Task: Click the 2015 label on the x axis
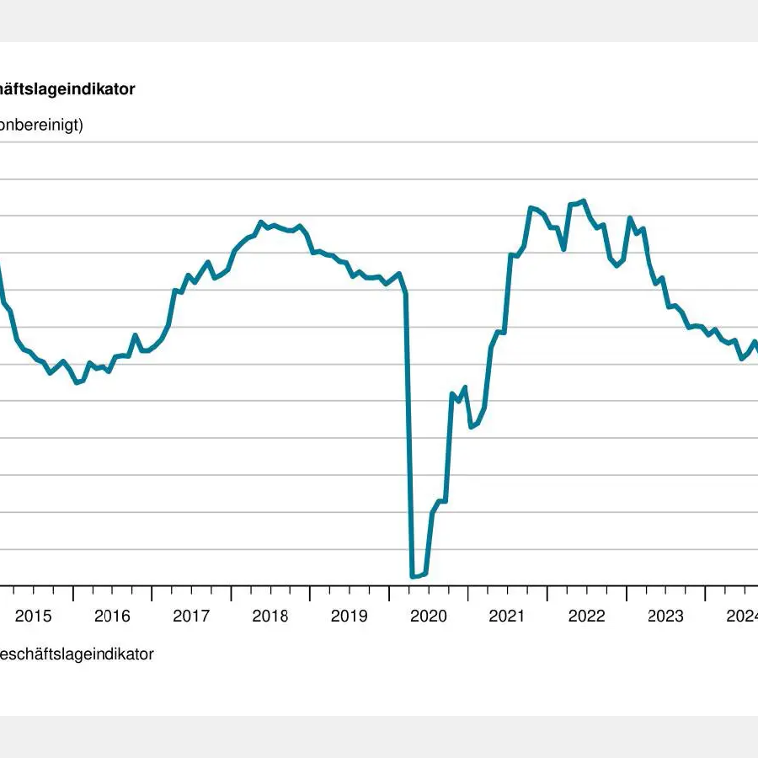click(x=33, y=616)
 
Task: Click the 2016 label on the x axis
click(x=112, y=616)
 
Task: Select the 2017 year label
click(x=191, y=616)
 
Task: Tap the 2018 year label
click(x=270, y=616)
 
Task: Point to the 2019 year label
click(x=350, y=616)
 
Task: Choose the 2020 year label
click(x=429, y=616)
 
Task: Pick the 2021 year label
click(x=508, y=616)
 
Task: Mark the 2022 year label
click(x=587, y=616)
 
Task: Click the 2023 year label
click(x=666, y=616)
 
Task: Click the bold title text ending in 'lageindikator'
click(x=67, y=89)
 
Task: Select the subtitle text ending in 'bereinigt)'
click(x=42, y=126)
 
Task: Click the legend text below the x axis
click(x=76, y=654)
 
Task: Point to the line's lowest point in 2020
click(x=413, y=577)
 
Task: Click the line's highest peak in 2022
click(x=584, y=200)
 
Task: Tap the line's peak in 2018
click(x=261, y=222)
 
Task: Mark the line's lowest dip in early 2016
click(x=77, y=382)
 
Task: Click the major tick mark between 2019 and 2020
click(x=389, y=593)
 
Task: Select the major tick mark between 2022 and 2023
click(x=627, y=593)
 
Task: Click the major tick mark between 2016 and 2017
click(x=152, y=593)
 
